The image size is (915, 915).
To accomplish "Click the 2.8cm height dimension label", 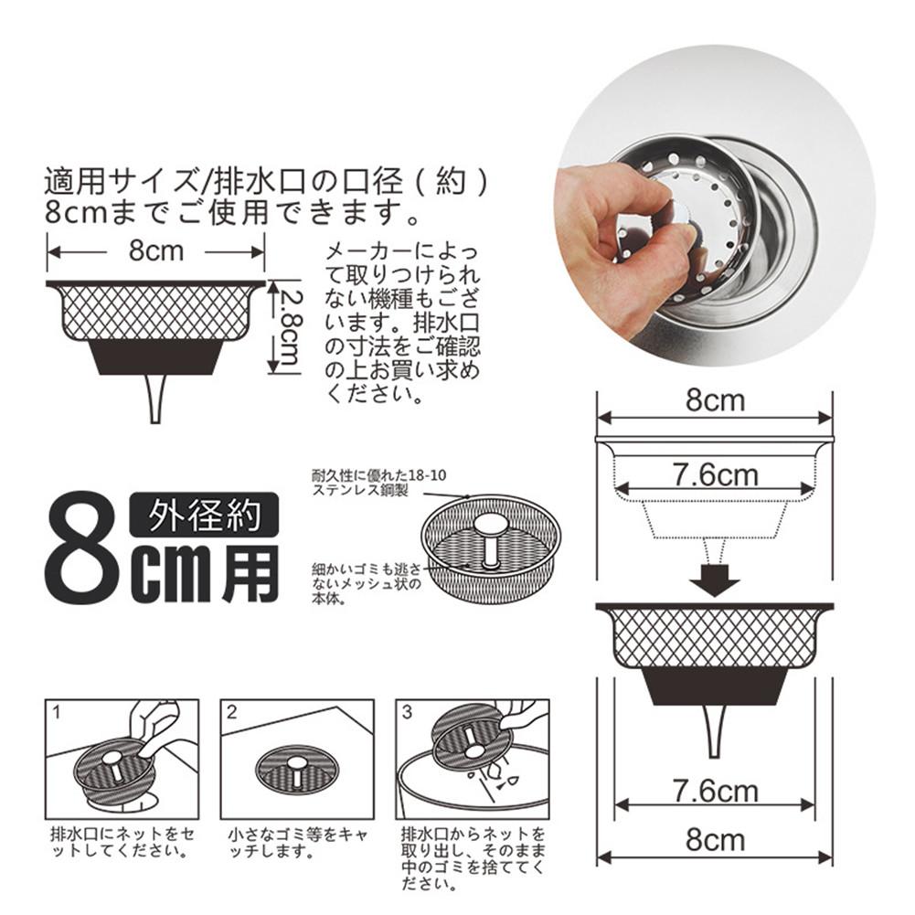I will [x=290, y=327].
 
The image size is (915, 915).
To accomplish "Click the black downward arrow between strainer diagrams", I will [x=714, y=579].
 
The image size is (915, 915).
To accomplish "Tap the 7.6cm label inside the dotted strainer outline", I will [x=715, y=474].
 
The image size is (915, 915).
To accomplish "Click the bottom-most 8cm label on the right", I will [x=714, y=838].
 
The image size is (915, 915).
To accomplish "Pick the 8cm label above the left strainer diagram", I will [x=156, y=250].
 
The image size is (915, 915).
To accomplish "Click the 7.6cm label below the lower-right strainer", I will [x=714, y=791].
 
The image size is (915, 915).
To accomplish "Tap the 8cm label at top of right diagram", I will [x=715, y=399].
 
